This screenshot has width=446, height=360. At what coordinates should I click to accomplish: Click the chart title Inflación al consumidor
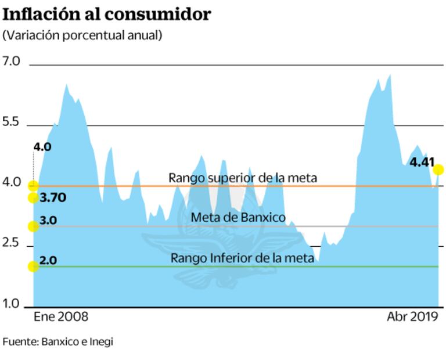click(107, 14)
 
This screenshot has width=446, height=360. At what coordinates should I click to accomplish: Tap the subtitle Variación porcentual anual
click(82, 35)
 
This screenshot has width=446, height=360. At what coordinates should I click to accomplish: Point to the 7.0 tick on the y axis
click(11, 62)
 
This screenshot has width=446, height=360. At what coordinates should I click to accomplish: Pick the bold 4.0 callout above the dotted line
click(42, 147)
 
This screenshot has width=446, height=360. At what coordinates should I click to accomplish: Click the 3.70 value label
click(53, 197)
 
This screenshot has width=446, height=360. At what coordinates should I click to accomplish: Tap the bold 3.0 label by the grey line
click(48, 221)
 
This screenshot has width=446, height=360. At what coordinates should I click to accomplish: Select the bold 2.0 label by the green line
click(48, 261)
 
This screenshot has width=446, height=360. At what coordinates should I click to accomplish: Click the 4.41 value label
click(422, 163)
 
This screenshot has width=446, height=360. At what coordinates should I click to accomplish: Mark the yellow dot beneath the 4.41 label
click(438, 170)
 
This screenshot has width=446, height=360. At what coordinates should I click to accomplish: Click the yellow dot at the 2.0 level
click(33, 267)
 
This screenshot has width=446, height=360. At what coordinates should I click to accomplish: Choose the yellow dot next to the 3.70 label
click(33, 198)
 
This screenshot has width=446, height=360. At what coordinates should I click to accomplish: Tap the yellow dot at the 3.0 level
click(33, 226)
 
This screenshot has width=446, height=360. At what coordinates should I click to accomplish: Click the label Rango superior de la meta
click(243, 178)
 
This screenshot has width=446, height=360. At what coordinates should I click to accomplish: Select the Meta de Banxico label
click(238, 218)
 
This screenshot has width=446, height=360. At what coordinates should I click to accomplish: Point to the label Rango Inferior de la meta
click(242, 258)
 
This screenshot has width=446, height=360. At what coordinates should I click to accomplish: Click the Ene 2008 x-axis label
click(61, 317)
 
